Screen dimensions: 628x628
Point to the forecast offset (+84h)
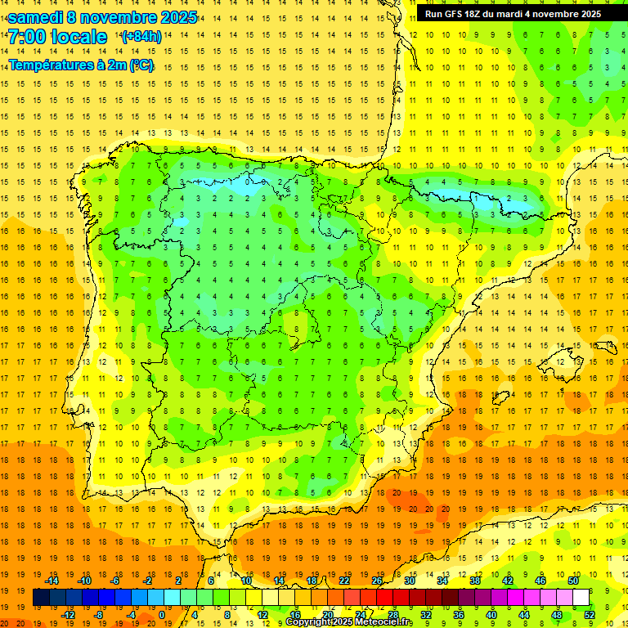pyautogui.click(x=141, y=37)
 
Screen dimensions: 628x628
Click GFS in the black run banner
pyautogui.click(x=459, y=14)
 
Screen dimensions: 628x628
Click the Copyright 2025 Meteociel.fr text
pyautogui.click(x=349, y=622)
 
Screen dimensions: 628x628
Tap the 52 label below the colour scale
pyautogui.click(x=590, y=615)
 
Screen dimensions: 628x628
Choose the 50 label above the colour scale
pyautogui.click(x=573, y=581)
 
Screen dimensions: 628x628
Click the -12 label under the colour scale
pyautogui.click(x=68, y=615)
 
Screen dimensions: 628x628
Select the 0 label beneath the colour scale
pyautogui.click(x=161, y=615)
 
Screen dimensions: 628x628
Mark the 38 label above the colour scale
pyautogui.click(x=475, y=581)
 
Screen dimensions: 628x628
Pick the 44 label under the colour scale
pyautogui.click(x=524, y=615)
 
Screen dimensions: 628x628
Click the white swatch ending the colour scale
pyautogui.click(x=581, y=598)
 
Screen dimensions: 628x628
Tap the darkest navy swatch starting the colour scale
pyautogui.click(x=41, y=598)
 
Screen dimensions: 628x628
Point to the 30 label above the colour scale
pyautogui.click(x=410, y=581)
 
